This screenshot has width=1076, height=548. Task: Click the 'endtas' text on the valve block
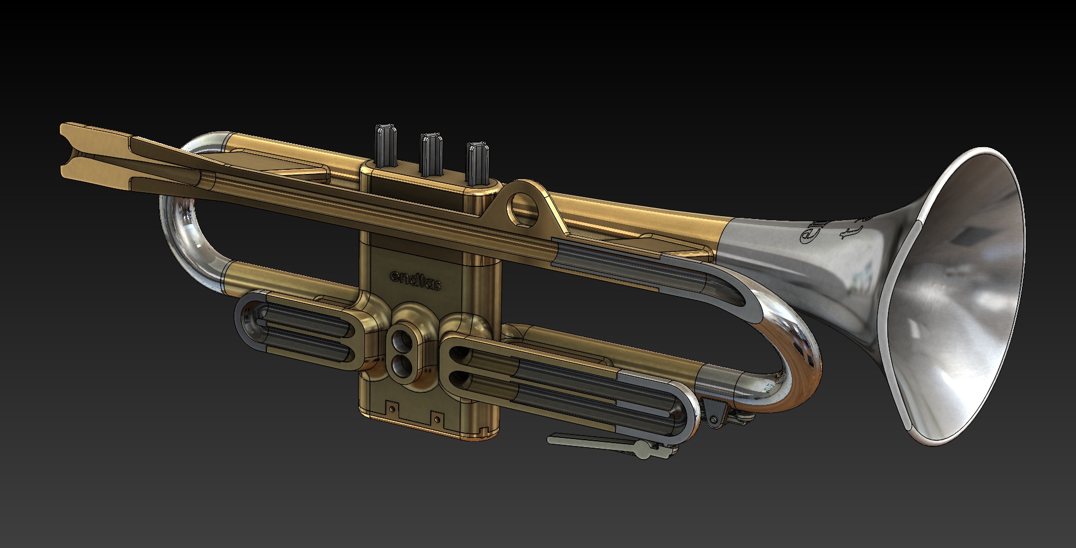(x=415, y=279)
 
